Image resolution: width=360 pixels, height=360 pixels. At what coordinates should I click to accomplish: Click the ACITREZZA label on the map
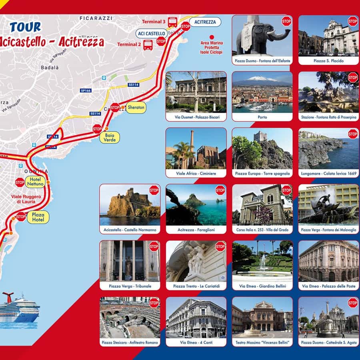point(205,22)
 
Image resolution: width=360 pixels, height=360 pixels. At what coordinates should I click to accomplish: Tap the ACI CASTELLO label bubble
point(152,33)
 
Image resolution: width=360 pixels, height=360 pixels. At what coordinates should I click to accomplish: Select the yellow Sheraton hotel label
point(136,108)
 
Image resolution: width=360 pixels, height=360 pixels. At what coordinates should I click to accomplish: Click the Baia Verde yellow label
point(110,138)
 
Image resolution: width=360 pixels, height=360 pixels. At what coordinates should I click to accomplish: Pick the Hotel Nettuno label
point(35,182)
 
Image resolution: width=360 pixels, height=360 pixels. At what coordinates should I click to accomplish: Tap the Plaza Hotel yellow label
point(38,217)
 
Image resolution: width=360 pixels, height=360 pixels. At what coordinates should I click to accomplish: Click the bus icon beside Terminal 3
point(172,22)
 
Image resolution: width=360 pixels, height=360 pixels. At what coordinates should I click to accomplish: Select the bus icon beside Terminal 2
point(148,44)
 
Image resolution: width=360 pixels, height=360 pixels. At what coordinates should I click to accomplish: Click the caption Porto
point(262,117)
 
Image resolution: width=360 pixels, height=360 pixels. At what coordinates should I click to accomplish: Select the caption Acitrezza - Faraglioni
point(196,230)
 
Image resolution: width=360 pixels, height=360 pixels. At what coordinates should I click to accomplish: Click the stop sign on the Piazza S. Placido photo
point(352,21)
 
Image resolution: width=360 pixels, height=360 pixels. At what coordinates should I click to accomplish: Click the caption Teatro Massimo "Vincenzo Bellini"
point(262,343)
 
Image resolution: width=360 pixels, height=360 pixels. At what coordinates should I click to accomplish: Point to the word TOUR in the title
point(25,27)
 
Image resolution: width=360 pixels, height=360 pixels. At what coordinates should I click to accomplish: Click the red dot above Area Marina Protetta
point(212,36)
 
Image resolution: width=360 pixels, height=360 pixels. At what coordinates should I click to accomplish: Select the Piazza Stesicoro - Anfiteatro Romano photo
point(130,318)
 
